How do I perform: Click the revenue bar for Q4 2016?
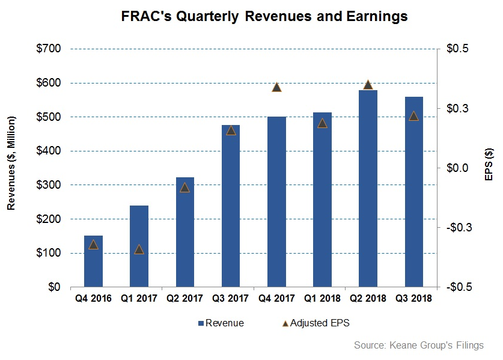pos(93,261)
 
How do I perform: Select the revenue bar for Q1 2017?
pos(139,246)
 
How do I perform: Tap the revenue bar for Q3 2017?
pos(231,206)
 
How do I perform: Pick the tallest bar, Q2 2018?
pos(368,188)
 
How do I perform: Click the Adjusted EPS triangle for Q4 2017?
pos(276,87)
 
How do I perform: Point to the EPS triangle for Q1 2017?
pos(139,249)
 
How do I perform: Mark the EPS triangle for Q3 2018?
pos(414,116)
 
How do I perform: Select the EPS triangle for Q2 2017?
pos(184,188)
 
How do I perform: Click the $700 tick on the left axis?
pos(49,49)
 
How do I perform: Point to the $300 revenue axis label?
pos(49,185)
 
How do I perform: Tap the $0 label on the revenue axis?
pos(54,287)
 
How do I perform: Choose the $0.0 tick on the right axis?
pos(457,168)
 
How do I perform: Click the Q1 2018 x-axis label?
pos(322,298)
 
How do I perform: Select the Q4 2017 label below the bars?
pos(276,298)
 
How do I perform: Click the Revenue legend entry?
pos(221,323)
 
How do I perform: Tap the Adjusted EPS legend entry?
pos(316,323)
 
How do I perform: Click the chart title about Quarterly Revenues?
pos(264,16)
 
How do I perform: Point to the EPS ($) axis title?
pos(489,164)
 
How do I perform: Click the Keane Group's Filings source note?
pos(419,345)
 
